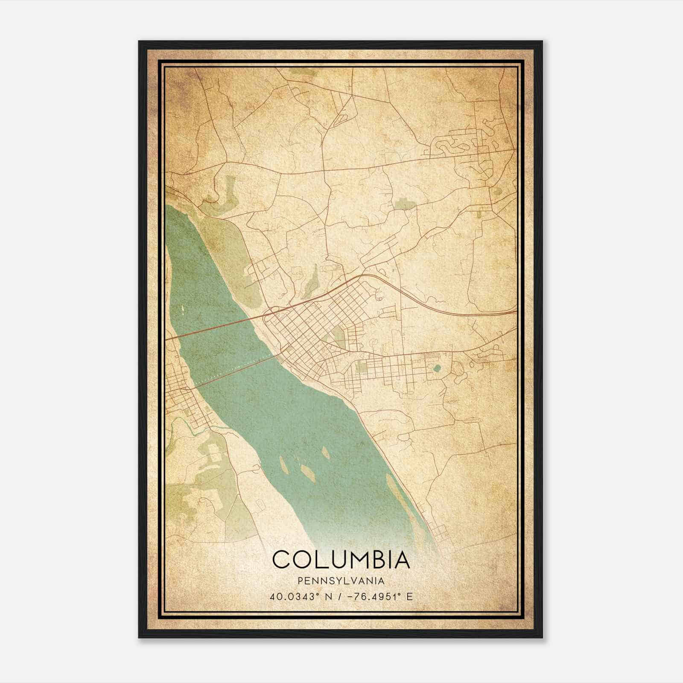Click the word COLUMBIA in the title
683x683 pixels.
click(x=341, y=559)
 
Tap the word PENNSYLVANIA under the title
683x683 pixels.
click(x=341, y=581)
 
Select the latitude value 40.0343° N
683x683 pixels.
click(x=301, y=596)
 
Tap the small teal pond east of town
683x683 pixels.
click(x=436, y=368)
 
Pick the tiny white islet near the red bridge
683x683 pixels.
click(x=183, y=308)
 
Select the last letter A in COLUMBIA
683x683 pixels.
click(x=402, y=559)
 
